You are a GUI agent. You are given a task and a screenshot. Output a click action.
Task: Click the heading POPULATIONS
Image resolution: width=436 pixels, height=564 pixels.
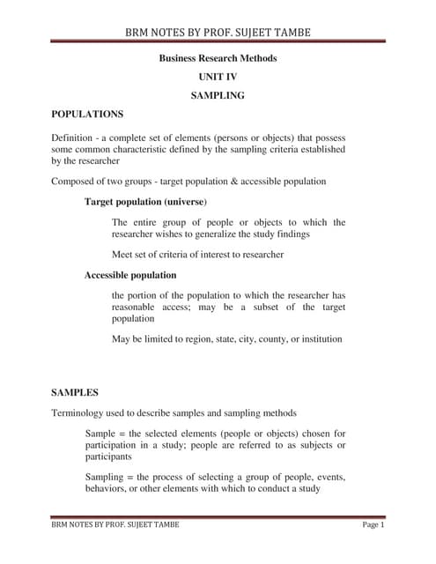tap(87, 115)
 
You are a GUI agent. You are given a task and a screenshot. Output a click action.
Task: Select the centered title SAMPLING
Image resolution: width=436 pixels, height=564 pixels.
tap(218, 95)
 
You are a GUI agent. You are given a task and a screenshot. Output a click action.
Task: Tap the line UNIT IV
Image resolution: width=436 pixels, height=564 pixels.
tap(218, 77)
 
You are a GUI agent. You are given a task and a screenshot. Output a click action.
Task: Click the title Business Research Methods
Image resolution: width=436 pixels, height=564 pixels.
tap(218, 58)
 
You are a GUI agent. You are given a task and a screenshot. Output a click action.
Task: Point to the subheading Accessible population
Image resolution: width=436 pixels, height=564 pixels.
tap(130, 275)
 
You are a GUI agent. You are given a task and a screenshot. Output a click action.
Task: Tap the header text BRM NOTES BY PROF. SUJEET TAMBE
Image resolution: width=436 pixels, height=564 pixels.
tap(218, 33)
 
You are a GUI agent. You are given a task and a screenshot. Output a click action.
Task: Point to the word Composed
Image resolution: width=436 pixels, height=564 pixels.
tap(76, 182)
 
